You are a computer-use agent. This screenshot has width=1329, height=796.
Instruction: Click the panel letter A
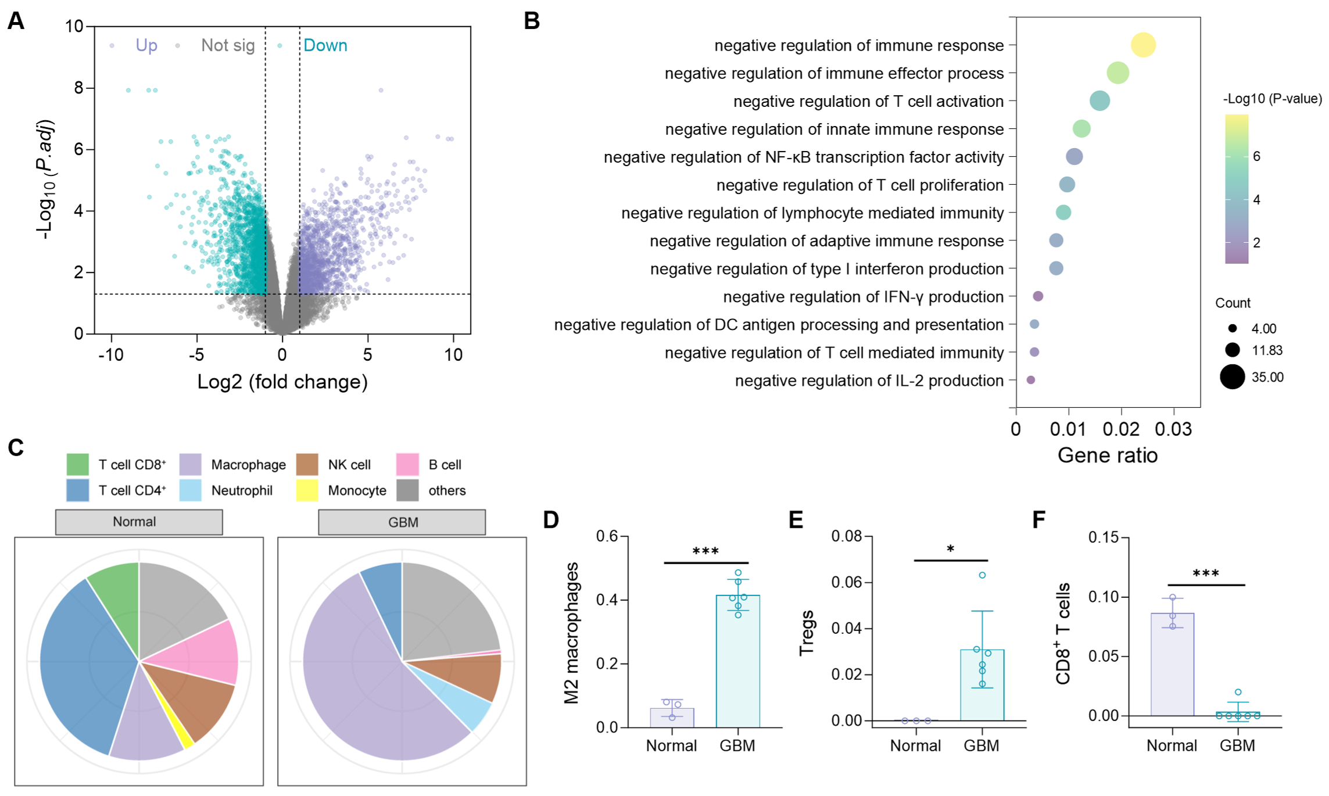[16, 21]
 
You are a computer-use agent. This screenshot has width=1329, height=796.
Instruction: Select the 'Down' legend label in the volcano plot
[325, 45]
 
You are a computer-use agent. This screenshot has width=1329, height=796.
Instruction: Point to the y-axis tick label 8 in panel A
[78, 88]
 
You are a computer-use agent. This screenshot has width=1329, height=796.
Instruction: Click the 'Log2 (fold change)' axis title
[282, 382]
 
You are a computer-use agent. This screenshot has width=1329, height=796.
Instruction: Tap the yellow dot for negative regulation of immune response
[1143, 45]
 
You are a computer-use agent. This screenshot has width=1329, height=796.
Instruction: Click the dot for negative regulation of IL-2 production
[1030, 380]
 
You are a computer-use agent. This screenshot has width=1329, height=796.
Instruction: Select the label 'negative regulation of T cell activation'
[868, 101]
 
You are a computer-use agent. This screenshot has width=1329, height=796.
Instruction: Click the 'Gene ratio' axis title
[1107, 455]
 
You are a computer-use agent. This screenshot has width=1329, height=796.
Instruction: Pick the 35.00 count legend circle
[1232, 377]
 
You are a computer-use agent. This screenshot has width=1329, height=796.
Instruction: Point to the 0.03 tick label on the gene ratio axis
[1173, 429]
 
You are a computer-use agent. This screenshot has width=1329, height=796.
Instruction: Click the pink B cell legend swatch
[407, 465]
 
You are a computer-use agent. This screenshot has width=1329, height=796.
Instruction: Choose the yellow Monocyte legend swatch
[307, 490]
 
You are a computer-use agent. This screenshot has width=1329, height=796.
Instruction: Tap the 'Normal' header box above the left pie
[139, 522]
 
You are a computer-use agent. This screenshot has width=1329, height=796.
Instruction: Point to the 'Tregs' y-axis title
[807, 633]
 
